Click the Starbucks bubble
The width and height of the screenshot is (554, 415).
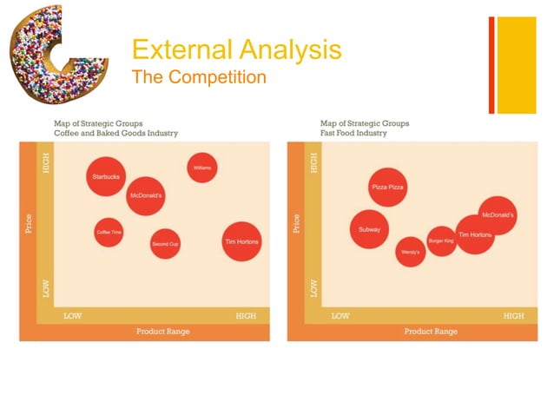pos(105,177)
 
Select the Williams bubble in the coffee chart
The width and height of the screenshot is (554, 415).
pos(202,167)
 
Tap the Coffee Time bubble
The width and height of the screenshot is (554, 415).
pos(108,232)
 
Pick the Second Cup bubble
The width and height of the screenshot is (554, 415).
pos(165,244)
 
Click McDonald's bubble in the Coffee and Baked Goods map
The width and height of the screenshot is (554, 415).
pos(146,196)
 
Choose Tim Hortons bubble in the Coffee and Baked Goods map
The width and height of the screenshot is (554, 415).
pos(241,241)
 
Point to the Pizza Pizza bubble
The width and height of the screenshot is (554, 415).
pos(387,187)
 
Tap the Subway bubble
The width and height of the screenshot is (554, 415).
pos(369,230)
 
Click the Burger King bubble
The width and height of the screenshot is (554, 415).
pos(441,240)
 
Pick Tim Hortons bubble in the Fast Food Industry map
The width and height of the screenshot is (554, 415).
pos(475,234)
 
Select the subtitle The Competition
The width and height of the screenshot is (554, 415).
pos(199,77)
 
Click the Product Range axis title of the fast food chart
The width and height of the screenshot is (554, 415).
pos(431,332)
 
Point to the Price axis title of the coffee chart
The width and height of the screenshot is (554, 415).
pos(28,224)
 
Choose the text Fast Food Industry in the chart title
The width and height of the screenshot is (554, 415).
pos(357,133)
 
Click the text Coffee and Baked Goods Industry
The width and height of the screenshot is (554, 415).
pos(115,133)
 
